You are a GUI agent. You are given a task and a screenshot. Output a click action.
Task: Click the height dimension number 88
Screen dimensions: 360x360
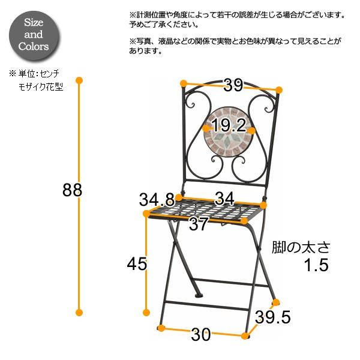(72, 190)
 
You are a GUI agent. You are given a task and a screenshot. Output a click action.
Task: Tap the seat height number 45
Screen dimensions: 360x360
(136, 263)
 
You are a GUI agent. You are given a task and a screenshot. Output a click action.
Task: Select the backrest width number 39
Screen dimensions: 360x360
(233, 85)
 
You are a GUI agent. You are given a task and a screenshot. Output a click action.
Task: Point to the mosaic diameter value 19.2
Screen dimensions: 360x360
(229, 125)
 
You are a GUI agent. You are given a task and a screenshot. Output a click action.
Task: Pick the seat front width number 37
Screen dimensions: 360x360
(198, 225)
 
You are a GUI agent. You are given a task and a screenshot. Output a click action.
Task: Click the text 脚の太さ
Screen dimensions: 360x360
(301, 247)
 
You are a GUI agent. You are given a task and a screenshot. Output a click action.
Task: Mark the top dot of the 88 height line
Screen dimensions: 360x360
(79, 80)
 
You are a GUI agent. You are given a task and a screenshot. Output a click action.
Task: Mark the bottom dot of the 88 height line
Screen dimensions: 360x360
(79, 311)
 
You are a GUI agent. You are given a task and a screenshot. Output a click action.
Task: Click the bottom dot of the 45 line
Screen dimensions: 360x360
(146, 311)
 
